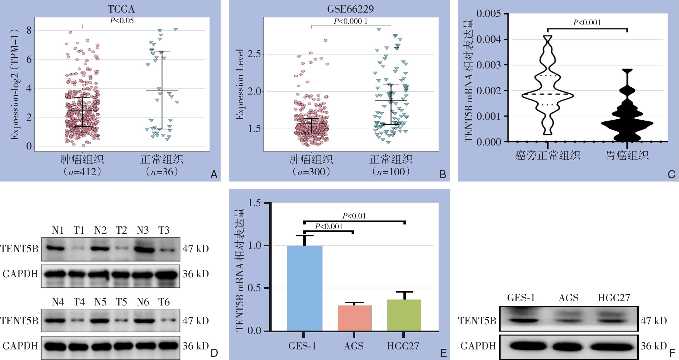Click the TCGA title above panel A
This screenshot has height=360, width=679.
coord(121,9)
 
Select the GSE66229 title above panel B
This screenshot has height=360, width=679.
coord(350,9)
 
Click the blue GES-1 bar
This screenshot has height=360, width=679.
coord(304,288)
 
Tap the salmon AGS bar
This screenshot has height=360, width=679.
coord(355,318)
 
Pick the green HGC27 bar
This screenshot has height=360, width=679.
coord(404,315)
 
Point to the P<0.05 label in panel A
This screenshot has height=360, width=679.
coord(122,20)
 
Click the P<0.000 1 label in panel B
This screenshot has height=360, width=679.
coord(351,21)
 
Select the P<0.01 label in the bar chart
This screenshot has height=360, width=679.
coord(354,216)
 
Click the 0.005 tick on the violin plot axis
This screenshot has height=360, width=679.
coord(488,14)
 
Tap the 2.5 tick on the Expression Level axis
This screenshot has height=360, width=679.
coord(254,54)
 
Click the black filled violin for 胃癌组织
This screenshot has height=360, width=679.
coord(627,122)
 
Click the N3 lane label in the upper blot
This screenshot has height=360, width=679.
coord(143,230)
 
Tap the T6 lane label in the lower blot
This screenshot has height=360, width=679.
coord(164,302)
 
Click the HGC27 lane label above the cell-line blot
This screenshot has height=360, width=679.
coord(614,298)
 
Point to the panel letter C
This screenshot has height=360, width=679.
coord(671,174)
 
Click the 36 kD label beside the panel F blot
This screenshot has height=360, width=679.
coord(654,346)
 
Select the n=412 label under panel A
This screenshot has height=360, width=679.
coord(82,172)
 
